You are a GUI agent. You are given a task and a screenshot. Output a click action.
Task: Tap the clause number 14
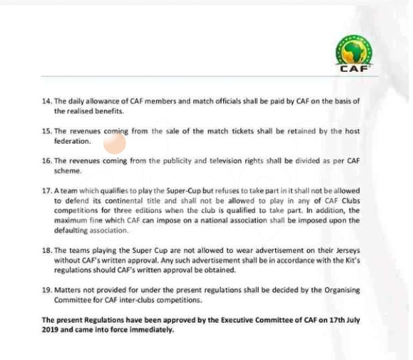[x=46, y=101]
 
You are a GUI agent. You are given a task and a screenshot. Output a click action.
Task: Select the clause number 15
[x=46, y=131]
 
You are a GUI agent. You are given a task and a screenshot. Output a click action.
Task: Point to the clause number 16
[x=46, y=161]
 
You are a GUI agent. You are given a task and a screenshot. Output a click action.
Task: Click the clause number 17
[x=46, y=191]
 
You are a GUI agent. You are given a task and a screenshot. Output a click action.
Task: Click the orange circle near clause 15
[x=115, y=143]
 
